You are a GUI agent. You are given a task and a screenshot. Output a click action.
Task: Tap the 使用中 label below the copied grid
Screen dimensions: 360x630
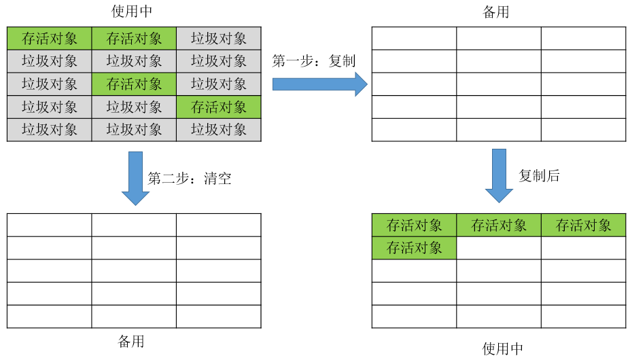(x=503, y=349)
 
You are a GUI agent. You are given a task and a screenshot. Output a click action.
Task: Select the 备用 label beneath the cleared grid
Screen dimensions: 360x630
(x=131, y=341)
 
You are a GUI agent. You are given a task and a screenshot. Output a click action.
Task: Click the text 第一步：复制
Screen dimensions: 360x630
(x=314, y=61)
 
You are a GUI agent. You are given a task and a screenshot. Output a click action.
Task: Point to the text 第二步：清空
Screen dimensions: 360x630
(x=190, y=179)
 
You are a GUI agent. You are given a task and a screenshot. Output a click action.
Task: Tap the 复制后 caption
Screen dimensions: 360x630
(x=540, y=176)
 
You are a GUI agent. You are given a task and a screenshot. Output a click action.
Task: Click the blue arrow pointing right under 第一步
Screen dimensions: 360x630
(x=319, y=84)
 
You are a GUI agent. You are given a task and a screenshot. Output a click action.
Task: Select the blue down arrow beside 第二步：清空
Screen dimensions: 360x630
(x=135, y=179)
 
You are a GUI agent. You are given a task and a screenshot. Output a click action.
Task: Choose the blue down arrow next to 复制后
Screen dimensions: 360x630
(x=499, y=176)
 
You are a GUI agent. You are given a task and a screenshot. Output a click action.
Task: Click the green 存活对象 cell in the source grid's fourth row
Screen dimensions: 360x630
(x=219, y=107)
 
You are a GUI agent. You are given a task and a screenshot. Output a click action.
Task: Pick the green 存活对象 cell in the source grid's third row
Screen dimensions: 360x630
(x=134, y=84)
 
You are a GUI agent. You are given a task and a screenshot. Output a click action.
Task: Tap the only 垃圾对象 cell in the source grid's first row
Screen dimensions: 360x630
(x=219, y=39)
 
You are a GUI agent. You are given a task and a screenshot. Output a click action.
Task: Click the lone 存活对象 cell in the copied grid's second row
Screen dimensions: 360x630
(x=414, y=248)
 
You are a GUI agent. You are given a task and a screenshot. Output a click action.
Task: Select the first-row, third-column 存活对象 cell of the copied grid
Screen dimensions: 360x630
(x=583, y=226)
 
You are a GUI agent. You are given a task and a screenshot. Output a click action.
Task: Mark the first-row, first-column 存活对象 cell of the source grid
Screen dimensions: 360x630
(x=50, y=39)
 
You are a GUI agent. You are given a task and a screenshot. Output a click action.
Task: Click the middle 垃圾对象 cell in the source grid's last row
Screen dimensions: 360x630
(x=134, y=130)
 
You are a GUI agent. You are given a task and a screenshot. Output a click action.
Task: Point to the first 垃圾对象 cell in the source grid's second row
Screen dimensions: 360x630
(x=50, y=61)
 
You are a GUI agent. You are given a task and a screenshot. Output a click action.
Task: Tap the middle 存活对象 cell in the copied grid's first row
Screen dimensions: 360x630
(x=499, y=226)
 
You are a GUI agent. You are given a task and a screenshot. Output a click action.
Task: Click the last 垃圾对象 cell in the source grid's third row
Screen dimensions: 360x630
(x=219, y=84)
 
